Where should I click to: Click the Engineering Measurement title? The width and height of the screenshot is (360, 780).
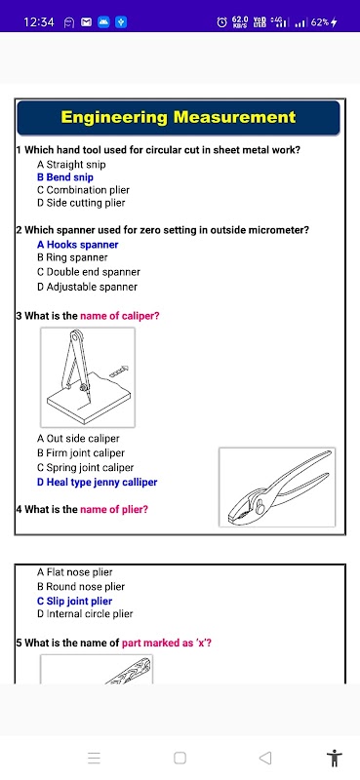[179, 117]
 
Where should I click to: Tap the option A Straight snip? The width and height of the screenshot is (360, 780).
[71, 164]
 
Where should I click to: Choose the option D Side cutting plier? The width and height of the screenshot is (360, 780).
[81, 203]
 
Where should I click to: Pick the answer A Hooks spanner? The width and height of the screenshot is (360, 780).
[78, 245]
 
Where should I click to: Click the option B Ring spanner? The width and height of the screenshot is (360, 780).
[72, 257]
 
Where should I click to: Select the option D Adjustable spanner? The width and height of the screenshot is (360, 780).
[87, 287]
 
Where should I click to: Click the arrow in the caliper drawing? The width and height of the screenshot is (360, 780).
[118, 370]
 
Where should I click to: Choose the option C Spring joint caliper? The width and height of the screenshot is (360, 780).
[86, 468]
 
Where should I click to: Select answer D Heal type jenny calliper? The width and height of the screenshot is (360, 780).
[98, 482]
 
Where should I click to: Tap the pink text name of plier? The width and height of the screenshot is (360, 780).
[114, 509]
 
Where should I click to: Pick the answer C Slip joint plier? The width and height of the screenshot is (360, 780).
[75, 601]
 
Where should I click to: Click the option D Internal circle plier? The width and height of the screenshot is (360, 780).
[85, 614]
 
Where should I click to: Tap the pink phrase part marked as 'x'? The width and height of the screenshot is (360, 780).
[167, 643]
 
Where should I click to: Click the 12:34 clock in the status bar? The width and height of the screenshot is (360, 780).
[39, 21]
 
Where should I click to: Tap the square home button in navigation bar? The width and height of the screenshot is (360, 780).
[180, 758]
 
